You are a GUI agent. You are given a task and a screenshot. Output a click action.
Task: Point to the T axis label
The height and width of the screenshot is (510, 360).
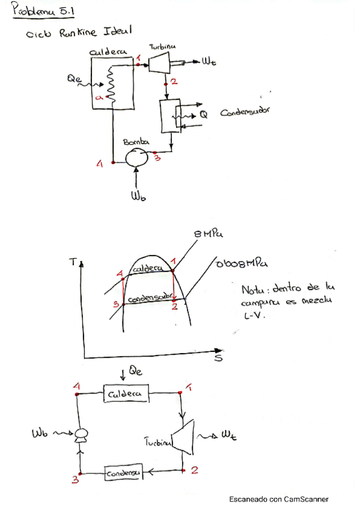[75, 262]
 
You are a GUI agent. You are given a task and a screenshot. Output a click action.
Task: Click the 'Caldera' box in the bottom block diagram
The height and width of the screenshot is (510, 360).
[126, 394]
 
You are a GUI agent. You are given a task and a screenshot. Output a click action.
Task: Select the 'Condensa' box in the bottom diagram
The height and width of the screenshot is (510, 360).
[124, 474]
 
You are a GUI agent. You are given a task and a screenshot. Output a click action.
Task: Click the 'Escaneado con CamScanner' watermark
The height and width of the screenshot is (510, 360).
[278, 499]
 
